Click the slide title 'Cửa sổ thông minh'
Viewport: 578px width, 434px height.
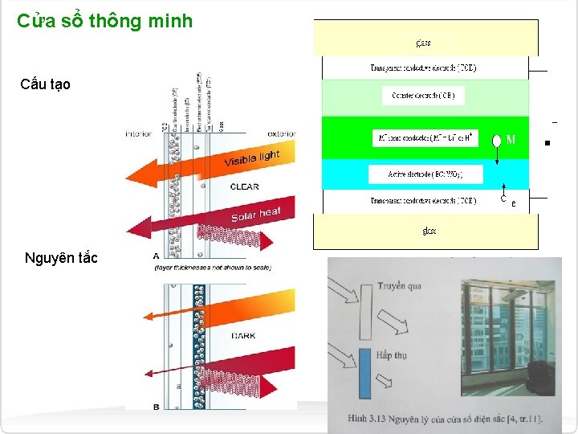click(x=104, y=21)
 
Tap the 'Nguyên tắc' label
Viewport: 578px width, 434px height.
click(x=61, y=258)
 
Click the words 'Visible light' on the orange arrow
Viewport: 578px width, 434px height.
click(x=251, y=160)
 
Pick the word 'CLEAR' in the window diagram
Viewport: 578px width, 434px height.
click(x=244, y=186)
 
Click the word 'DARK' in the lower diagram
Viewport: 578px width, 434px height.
click(x=242, y=336)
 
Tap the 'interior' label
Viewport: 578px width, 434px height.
click(x=138, y=133)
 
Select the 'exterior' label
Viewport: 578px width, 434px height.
click(x=280, y=133)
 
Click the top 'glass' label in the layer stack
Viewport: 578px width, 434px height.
click(x=424, y=43)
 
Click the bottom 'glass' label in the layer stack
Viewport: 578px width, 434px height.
click(x=429, y=231)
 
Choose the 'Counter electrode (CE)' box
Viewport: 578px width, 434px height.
click(x=423, y=96)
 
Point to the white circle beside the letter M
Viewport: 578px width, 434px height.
click(x=496, y=141)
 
